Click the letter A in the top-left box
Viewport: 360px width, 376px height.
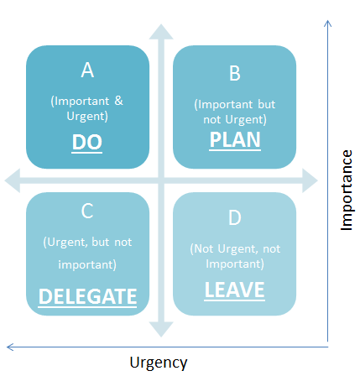(87, 70)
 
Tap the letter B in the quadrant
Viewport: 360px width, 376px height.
(235, 73)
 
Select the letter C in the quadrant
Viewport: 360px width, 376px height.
(87, 211)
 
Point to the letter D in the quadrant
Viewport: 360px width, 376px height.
(235, 217)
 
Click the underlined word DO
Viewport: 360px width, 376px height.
(87, 142)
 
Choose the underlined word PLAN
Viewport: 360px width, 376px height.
(235, 139)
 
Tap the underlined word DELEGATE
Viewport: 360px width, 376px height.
(87, 296)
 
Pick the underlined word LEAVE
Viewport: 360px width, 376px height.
(235, 290)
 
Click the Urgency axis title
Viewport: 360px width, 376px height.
(159, 363)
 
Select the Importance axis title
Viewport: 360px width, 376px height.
(347, 191)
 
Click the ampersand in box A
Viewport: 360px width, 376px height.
(118, 101)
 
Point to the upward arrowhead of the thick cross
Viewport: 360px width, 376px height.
(161, 32)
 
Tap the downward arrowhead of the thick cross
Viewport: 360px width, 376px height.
(161, 329)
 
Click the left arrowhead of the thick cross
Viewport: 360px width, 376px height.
(13, 180)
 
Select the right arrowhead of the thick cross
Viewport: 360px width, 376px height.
(310, 180)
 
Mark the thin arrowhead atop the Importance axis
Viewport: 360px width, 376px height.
(328, 23)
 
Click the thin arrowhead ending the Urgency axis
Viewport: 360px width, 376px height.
(10, 347)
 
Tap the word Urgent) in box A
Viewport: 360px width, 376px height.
(87, 116)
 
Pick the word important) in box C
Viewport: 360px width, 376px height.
(87, 264)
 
